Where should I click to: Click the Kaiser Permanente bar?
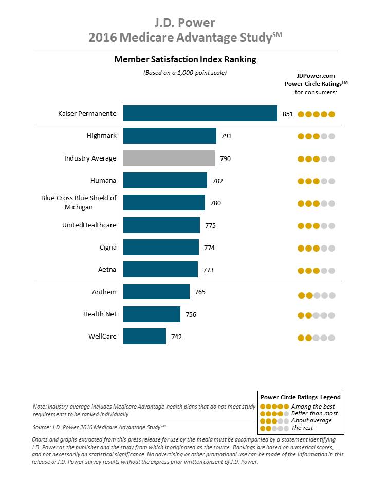(x=200, y=113)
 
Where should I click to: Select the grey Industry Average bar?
(x=169, y=158)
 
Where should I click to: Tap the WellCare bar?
(x=144, y=336)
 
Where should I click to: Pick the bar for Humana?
(x=165, y=180)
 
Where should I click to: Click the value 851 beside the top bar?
(x=288, y=114)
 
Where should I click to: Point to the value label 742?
(x=176, y=337)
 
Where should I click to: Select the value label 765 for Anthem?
(x=200, y=292)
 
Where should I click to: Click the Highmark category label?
(x=102, y=136)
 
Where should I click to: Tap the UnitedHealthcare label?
(x=89, y=225)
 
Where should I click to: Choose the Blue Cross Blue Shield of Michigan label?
(x=79, y=202)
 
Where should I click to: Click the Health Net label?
(x=100, y=314)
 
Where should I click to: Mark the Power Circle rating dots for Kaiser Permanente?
(x=316, y=114)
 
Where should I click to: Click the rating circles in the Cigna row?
(x=316, y=248)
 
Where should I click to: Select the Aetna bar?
(x=160, y=269)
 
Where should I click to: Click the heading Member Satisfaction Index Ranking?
(x=186, y=59)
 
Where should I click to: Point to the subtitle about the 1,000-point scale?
(x=185, y=73)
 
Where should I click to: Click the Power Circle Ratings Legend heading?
(x=301, y=397)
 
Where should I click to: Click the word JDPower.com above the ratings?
(x=316, y=76)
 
